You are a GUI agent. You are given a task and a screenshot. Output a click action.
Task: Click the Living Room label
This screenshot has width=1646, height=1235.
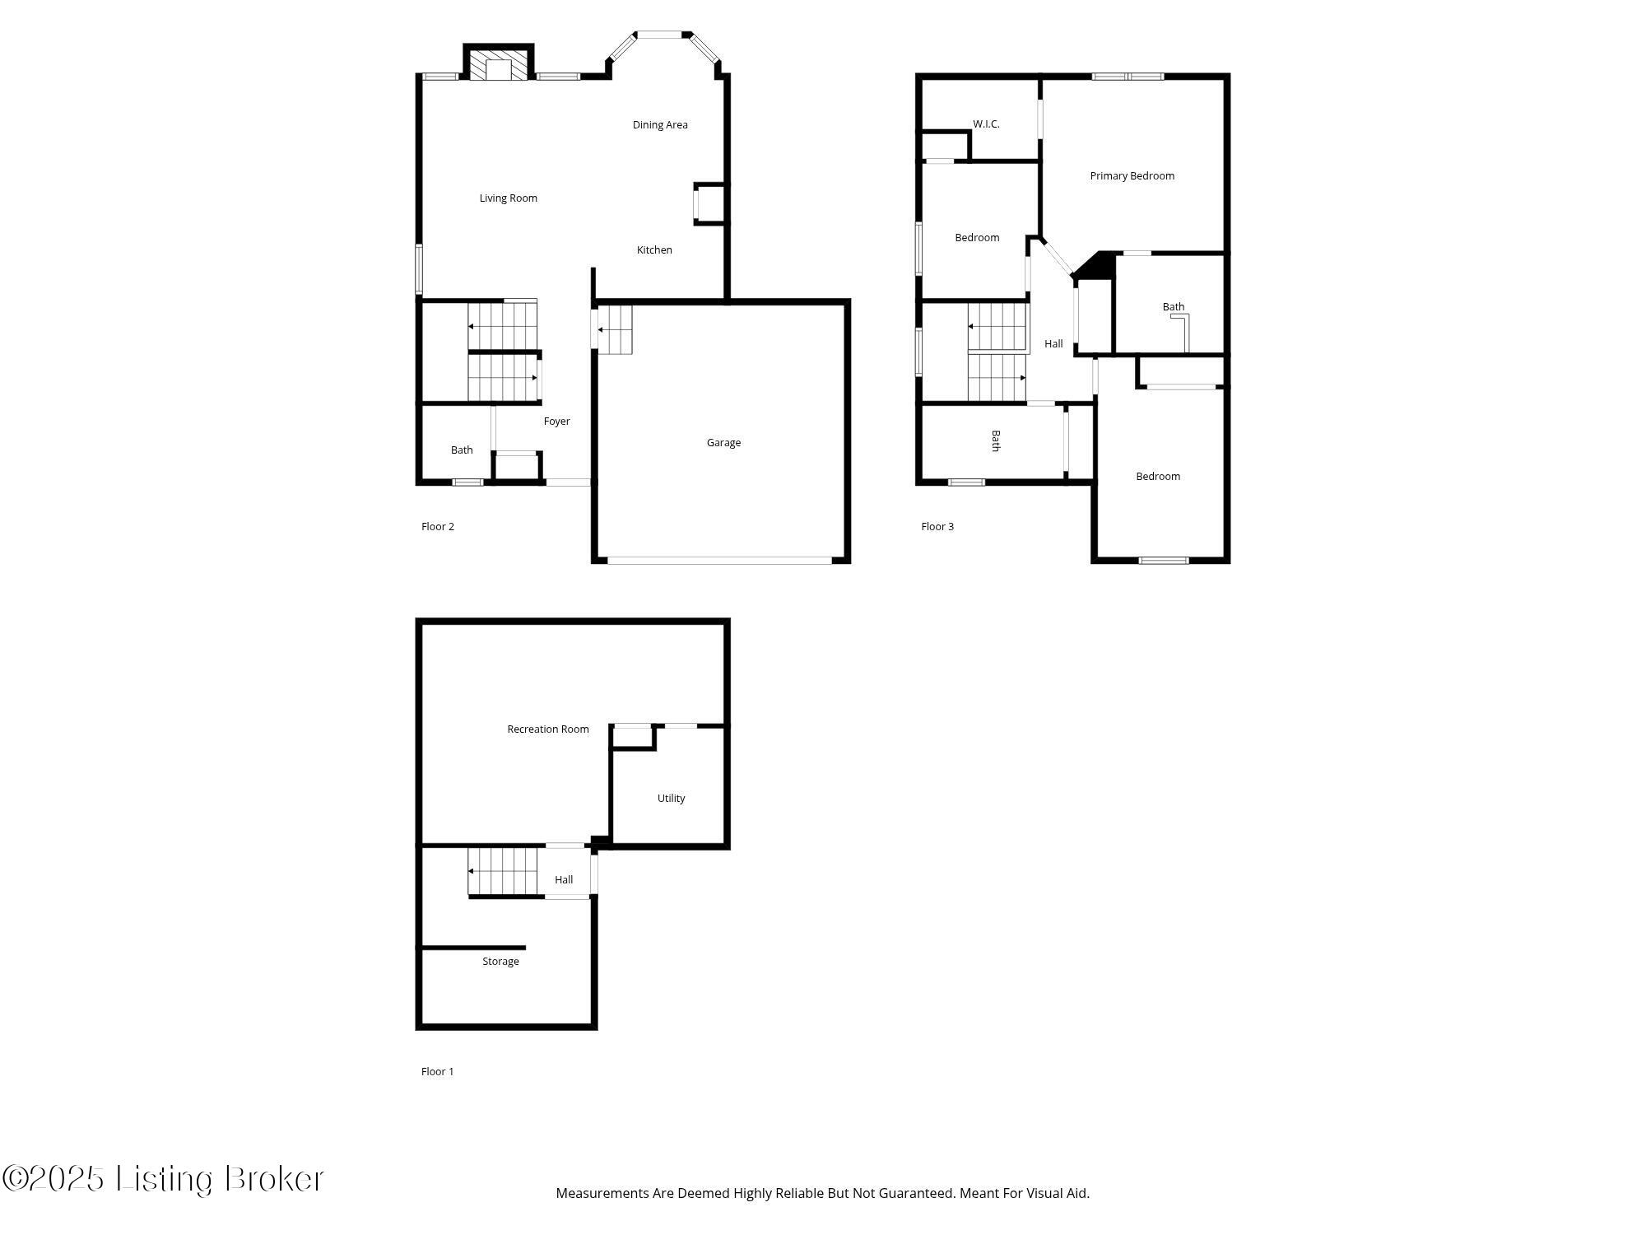coord(508,198)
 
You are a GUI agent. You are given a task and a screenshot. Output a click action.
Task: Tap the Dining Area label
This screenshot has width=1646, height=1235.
coord(659,125)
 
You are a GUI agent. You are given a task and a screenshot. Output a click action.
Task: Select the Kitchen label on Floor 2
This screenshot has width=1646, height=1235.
coord(654,250)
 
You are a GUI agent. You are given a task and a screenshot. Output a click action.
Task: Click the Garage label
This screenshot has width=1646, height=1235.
coord(723,443)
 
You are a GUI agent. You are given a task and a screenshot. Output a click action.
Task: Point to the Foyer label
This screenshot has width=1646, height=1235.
coord(556,422)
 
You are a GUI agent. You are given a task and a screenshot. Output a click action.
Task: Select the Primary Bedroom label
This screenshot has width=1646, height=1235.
coord(1132,176)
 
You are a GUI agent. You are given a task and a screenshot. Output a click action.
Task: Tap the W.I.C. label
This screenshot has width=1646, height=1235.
coord(986,124)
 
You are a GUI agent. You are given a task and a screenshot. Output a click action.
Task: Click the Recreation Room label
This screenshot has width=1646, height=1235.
coord(547,729)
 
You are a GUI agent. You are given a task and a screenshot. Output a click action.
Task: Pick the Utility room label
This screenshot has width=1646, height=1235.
coord(671,799)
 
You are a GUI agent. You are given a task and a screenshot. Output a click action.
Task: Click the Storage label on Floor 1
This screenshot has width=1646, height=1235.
coord(500,962)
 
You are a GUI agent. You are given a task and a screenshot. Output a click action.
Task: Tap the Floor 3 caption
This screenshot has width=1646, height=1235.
coord(937,527)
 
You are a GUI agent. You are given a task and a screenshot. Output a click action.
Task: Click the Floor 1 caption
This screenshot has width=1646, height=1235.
coord(437,1072)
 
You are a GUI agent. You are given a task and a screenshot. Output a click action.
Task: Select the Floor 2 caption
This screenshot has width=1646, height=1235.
coord(437,527)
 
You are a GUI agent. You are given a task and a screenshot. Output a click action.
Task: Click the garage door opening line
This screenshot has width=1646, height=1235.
coord(719,561)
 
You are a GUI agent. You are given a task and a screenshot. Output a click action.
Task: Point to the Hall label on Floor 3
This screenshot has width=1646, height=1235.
coord(1053,344)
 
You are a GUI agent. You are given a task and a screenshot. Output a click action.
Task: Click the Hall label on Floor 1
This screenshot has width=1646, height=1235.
coord(564,880)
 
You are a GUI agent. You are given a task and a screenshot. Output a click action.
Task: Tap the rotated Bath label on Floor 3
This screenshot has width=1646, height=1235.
coord(995,440)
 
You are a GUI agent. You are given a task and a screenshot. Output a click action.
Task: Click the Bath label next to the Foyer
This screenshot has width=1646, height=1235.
coord(462,450)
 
